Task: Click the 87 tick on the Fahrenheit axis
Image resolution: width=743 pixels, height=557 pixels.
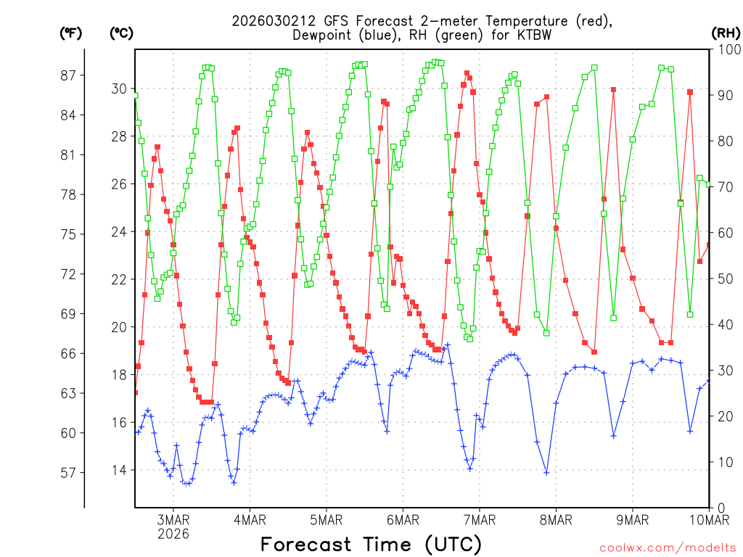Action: coord(70,75)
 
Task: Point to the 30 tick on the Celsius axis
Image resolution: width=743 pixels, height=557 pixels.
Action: coord(118,89)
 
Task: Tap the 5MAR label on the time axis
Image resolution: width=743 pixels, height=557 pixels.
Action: coord(327,519)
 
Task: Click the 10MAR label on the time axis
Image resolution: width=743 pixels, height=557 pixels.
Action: coord(707,519)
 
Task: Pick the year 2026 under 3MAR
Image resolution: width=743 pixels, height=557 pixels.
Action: coord(173,534)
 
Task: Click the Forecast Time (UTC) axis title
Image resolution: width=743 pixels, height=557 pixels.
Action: coord(371,544)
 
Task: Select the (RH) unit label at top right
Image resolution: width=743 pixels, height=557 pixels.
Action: coord(725,33)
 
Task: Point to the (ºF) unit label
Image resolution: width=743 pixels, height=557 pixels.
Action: coord(70,33)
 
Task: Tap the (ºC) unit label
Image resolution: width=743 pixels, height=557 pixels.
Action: coord(121,33)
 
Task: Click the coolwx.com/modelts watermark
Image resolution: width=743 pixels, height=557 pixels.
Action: coord(668,548)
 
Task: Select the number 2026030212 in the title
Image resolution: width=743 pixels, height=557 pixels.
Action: coord(272,21)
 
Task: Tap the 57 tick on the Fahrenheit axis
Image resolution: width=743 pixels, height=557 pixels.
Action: coord(70,472)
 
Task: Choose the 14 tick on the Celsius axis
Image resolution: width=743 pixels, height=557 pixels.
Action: coord(118,470)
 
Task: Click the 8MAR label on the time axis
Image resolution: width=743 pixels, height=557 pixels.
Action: coord(556,519)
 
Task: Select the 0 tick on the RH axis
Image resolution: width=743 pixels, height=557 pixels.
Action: coord(721,507)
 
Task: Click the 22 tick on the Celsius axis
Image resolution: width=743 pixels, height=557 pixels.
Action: coord(118,279)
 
